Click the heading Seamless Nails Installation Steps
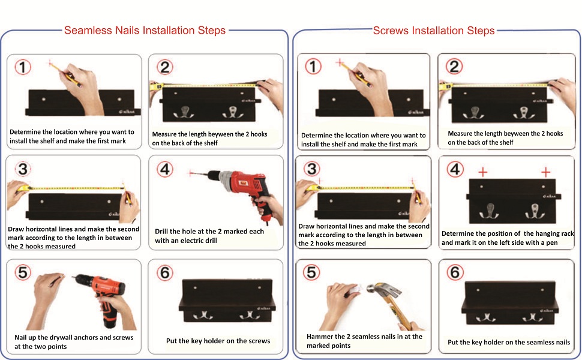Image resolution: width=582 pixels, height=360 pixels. coord(145,30)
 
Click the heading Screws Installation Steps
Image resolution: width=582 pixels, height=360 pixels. coord(434,31)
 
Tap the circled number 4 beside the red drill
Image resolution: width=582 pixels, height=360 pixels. coord(165,169)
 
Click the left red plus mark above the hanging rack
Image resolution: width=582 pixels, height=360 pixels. coord(482,172)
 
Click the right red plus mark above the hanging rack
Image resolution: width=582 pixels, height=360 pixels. coord(545,172)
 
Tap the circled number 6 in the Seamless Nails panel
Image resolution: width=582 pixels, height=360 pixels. coord(165,273)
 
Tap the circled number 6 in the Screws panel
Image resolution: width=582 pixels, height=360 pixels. coord(455,272)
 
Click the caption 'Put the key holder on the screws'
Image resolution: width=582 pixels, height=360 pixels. coord(218,341)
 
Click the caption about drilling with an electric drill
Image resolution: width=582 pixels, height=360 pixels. coord(209,236)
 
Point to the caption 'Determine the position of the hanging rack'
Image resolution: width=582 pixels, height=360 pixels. coord(508,238)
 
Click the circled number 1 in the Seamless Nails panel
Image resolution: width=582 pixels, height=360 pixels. coord(23,67)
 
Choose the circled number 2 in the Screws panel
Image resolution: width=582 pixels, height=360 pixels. coord(454,67)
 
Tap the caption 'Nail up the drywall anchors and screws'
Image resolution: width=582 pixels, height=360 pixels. coord(74,342)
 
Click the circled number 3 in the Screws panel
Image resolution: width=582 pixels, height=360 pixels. coord(312,169)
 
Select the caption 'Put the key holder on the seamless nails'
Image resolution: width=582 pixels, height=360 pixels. coord(509,342)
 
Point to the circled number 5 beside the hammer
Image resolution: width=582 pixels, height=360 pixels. coord(312,272)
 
